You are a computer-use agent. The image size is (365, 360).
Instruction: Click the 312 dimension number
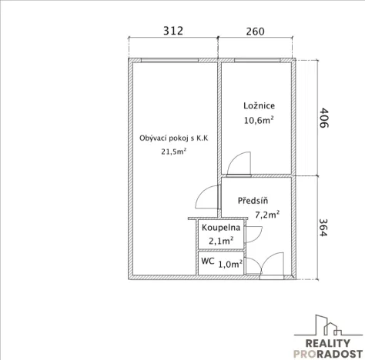(173, 31)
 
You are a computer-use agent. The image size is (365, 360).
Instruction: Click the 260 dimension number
(255, 32)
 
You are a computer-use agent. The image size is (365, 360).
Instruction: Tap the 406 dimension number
(324, 118)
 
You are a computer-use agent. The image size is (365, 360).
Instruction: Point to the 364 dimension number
(323, 228)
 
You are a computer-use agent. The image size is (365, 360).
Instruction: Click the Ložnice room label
(259, 105)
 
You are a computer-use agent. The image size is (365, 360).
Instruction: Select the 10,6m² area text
(259, 120)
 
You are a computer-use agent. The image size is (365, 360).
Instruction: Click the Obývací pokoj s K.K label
(174, 138)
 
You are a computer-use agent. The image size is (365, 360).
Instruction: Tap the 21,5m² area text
(174, 152)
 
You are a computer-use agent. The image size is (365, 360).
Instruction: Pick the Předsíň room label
(253, 200)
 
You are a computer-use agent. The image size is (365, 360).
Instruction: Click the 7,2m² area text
(267, 215)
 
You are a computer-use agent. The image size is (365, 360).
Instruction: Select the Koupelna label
(221, 228)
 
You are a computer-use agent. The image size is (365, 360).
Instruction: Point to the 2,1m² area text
(221, 241)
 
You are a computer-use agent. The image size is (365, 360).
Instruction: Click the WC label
(208, 261)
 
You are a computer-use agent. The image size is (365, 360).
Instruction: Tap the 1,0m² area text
(230, 264)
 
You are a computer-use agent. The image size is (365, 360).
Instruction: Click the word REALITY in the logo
(328, 343)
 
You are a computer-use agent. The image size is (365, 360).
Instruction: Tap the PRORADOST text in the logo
(328, 354)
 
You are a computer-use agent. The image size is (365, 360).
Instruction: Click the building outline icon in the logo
(329, 325)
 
